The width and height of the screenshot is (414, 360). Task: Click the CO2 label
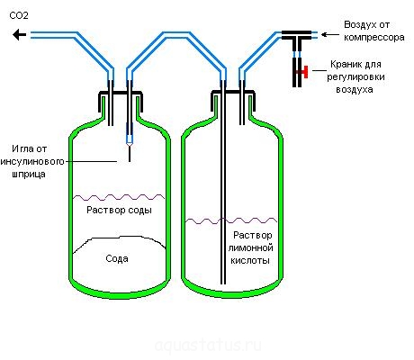pyautogui.click(x=19, y=15)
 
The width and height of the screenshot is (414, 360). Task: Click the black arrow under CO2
pyautogui.click(x=20, y=35)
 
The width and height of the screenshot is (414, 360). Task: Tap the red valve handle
pyautogui.click(x=305, y=72)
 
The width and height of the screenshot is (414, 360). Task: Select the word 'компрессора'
pyautogui.click(x=374, y=38)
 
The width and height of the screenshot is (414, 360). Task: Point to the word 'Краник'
pyautogui.click(x=344, y=64)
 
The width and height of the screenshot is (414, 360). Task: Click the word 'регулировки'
pyautogui.click(x=355, y=76)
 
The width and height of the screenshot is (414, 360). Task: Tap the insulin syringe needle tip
pyautogui.click(x=130, y=161)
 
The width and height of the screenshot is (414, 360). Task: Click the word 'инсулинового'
pyautogui.click(x=32, y=161)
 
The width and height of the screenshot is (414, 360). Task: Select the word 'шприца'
pyautogui.click(x=29, y=175)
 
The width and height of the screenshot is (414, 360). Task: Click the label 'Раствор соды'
pyautogui.click(x=119, y=210)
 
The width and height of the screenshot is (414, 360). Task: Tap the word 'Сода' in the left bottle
pyautogui.click(x=117, y=258)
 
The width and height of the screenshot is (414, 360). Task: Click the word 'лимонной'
pyautogui.click(x=251, y=248)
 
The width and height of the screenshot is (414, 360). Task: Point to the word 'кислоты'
pyautogui.click(x=250, y=260)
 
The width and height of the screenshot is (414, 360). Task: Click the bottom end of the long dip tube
pyautogui.click(x=223, y=283)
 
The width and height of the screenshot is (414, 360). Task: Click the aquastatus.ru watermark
pyautogui.click(x=208, y=346)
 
